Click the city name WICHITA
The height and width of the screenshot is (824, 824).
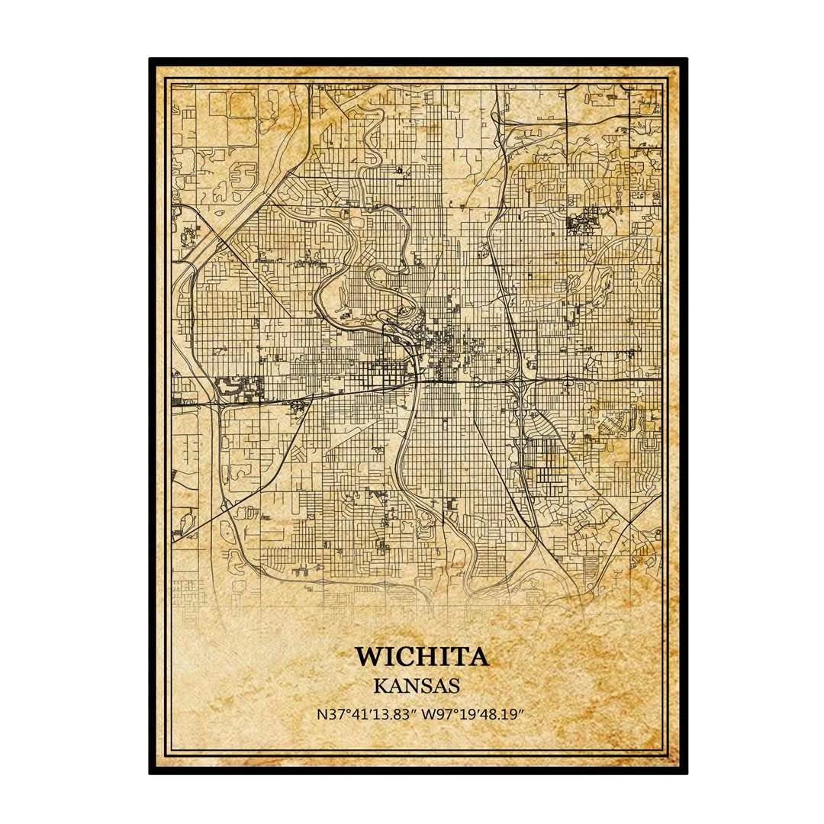pyautogui.click(x=421, y=656)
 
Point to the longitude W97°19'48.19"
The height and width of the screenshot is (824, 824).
pyautogui.click(x=477, y=716)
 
